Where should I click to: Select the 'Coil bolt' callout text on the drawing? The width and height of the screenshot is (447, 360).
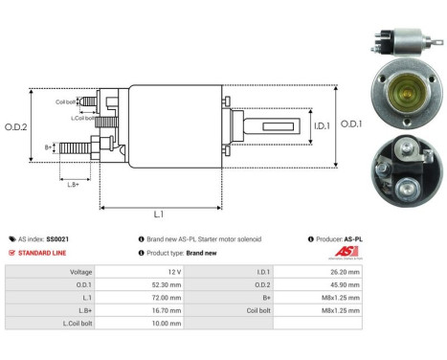click(66, 101)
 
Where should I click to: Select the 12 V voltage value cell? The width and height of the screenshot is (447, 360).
click(171, 272)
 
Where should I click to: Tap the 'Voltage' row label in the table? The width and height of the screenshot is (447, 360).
click(80, 272)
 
